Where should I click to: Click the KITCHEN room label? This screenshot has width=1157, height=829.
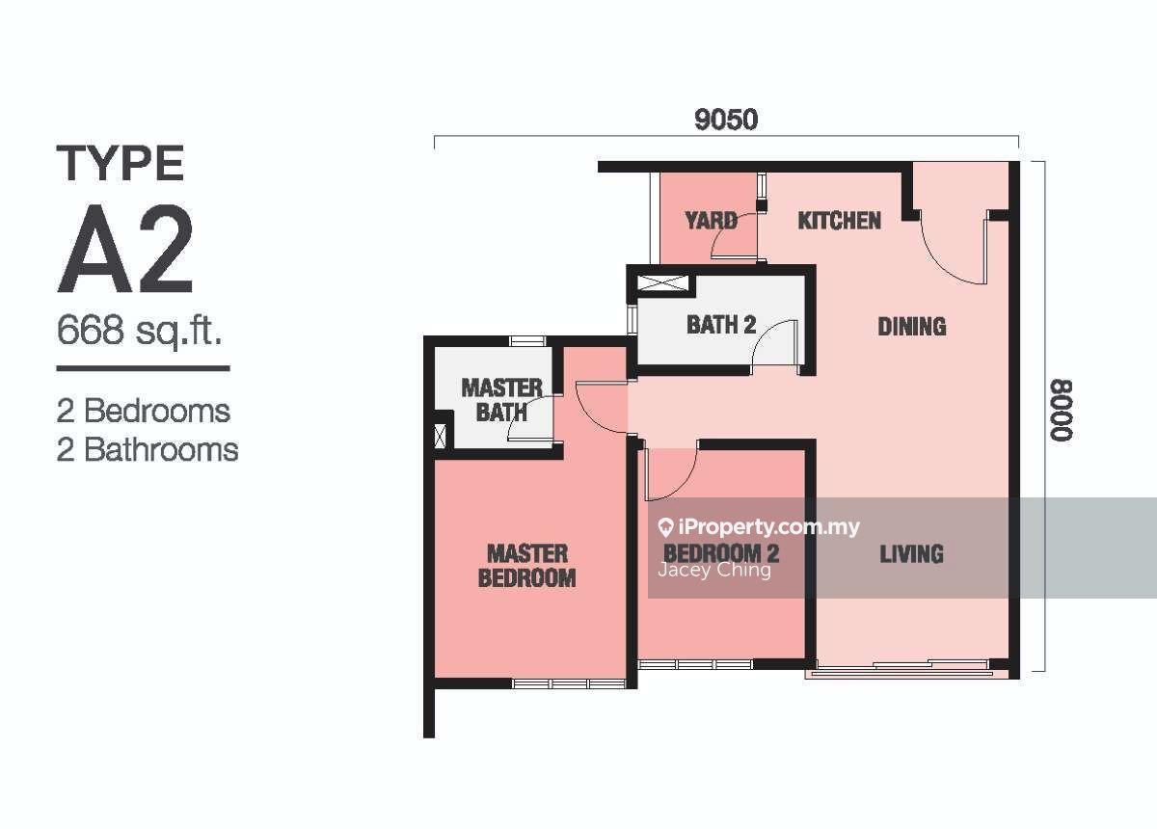point(840,221)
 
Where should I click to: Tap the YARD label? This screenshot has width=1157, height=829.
point(711,221)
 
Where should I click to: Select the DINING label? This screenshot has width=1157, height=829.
point(912,327)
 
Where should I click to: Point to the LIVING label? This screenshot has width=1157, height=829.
point(912,554)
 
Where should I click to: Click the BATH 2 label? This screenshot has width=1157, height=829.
point(721,325)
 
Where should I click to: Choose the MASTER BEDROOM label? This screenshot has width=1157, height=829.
point(526,566)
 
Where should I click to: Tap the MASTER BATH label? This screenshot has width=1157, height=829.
point(501,400)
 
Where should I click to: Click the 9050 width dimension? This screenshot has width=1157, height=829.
point(726,120)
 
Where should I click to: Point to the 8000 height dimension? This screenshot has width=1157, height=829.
point(1061,411)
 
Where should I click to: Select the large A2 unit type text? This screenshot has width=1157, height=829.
point(125,249)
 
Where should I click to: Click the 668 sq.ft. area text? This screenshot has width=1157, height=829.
point(140,331)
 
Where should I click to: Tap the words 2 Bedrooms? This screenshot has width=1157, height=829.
point(144,412)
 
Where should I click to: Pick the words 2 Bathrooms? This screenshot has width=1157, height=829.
point(148,450)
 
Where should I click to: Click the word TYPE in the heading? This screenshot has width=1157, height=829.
point(121,163)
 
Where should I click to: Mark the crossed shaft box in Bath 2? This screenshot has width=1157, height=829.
point(663,283)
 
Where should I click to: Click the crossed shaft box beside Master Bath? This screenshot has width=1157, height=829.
point(440,436)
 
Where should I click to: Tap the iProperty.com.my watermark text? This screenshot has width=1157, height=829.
point(760,527)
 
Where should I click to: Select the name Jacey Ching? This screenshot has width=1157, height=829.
point(714,571)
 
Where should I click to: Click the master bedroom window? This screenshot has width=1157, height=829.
point(569,684)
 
